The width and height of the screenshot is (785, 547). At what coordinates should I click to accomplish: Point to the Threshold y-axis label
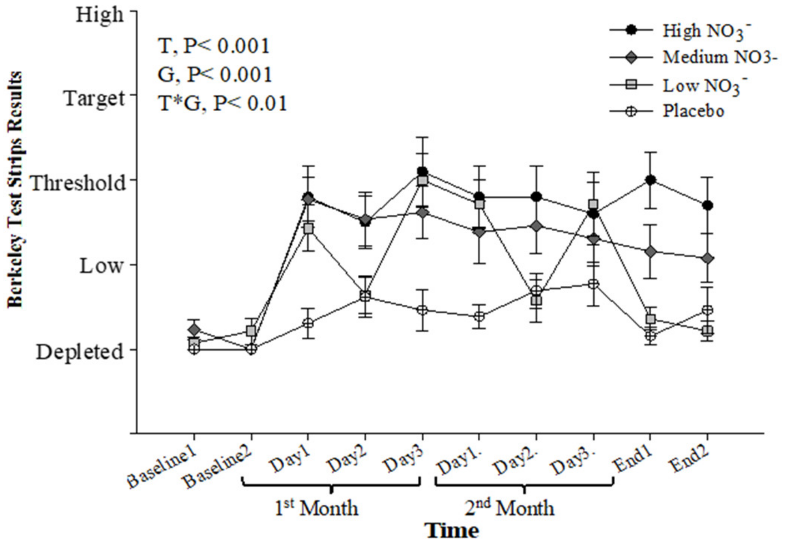click(x=78, y=183)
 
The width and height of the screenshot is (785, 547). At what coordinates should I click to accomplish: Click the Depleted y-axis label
click(x=80, y=352)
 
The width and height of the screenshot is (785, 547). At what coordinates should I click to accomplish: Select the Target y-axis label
click(x=95, y=99)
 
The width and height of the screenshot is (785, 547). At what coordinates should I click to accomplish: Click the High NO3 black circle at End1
click(x=651, y=180)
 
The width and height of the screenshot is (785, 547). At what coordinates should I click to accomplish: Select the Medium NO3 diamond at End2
click(x=707, y=259)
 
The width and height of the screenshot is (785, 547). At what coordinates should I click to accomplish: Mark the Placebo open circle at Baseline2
click(x=251, y=350)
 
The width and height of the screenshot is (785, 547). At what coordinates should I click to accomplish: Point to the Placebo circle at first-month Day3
click(x=422, y=310)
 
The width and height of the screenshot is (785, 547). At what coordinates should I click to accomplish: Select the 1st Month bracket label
click(x=316, y=508)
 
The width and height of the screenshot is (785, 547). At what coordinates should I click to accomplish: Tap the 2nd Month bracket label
click(x=509, y=508)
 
